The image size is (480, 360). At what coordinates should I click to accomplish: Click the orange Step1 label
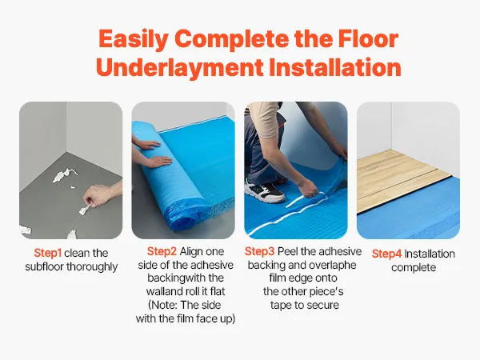point(48,253)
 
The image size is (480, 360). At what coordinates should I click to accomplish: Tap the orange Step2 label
point(162,251)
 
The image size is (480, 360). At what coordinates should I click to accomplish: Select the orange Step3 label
point(259,251)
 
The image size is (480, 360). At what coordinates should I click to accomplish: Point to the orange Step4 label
point(386,254)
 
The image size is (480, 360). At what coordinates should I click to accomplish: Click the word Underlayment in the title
point(180,67)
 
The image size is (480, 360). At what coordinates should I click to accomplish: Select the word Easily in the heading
point(134,40)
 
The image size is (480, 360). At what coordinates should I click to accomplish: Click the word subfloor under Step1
point(44,266)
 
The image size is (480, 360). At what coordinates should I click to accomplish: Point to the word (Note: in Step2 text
point(162,306)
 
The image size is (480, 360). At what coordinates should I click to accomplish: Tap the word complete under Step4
point(414,267)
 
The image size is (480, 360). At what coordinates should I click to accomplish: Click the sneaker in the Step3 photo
point(265,191)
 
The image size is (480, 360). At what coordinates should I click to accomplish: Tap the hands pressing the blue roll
point(152,153)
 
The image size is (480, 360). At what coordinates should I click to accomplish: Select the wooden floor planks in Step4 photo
point(402,179)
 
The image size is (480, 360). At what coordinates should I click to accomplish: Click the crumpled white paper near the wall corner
point(64,175)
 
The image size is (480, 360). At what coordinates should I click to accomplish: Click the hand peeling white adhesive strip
point(309,189)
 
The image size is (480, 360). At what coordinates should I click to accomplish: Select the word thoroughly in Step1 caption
point(92,266)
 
